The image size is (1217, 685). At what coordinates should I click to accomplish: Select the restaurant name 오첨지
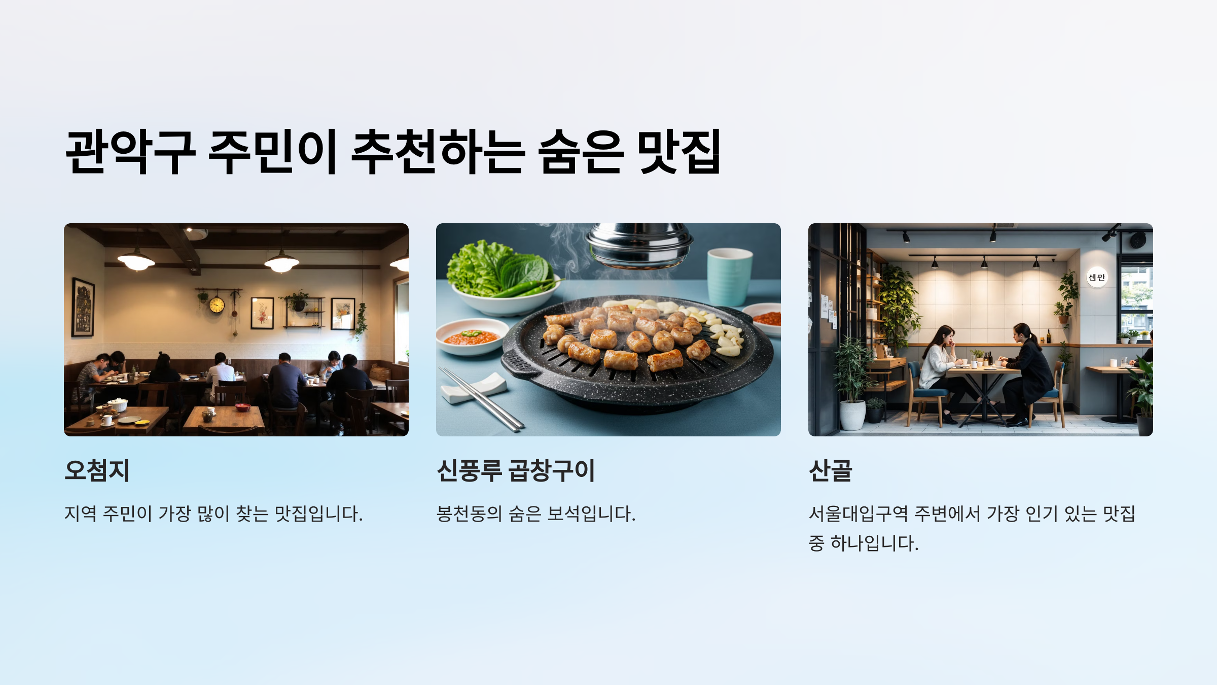tap(97, 470)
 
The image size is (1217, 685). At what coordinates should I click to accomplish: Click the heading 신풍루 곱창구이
tap(515, 470)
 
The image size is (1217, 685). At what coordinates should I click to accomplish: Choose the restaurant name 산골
tap(830, 470)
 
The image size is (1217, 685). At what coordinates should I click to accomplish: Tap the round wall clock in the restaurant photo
tap(217, 305)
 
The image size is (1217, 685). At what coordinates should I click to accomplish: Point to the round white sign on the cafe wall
tap(1096, 277)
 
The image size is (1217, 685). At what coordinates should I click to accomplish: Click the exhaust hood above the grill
tap(639, 246)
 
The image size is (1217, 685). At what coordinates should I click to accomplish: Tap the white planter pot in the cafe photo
tap(852, 415)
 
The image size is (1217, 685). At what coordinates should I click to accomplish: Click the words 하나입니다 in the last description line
tap(874, 543)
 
